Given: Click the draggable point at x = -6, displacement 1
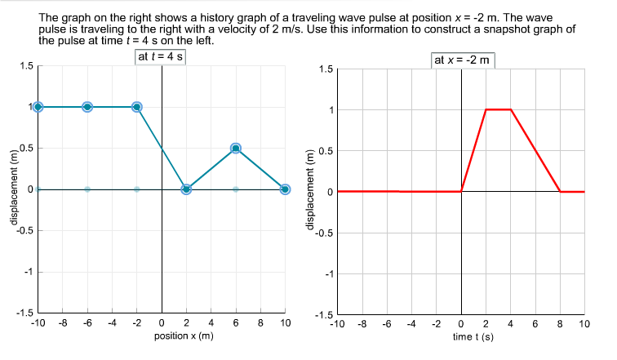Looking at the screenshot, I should (87, 106).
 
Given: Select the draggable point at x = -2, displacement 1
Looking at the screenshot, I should (137, 106).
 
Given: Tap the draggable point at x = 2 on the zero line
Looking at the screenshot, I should (187, 189).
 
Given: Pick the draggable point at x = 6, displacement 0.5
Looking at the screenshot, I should (236, 148).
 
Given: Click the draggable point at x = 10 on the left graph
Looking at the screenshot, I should (285, 189).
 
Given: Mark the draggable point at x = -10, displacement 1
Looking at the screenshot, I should (38, 106).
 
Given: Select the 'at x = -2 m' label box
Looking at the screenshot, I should (464, 60).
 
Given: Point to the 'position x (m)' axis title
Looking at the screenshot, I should (184, 336).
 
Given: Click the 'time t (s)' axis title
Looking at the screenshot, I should (462, 336).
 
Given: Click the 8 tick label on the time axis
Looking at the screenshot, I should (560, 324).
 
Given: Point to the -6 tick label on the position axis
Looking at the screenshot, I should (87, 324).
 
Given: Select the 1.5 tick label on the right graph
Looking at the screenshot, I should (324, 69).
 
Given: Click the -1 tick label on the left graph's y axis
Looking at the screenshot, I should (26, 272).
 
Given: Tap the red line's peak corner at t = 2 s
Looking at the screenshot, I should (486, 109).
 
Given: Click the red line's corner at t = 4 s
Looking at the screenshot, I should (511, 109).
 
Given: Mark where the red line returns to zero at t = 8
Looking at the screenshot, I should (560, 191).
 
